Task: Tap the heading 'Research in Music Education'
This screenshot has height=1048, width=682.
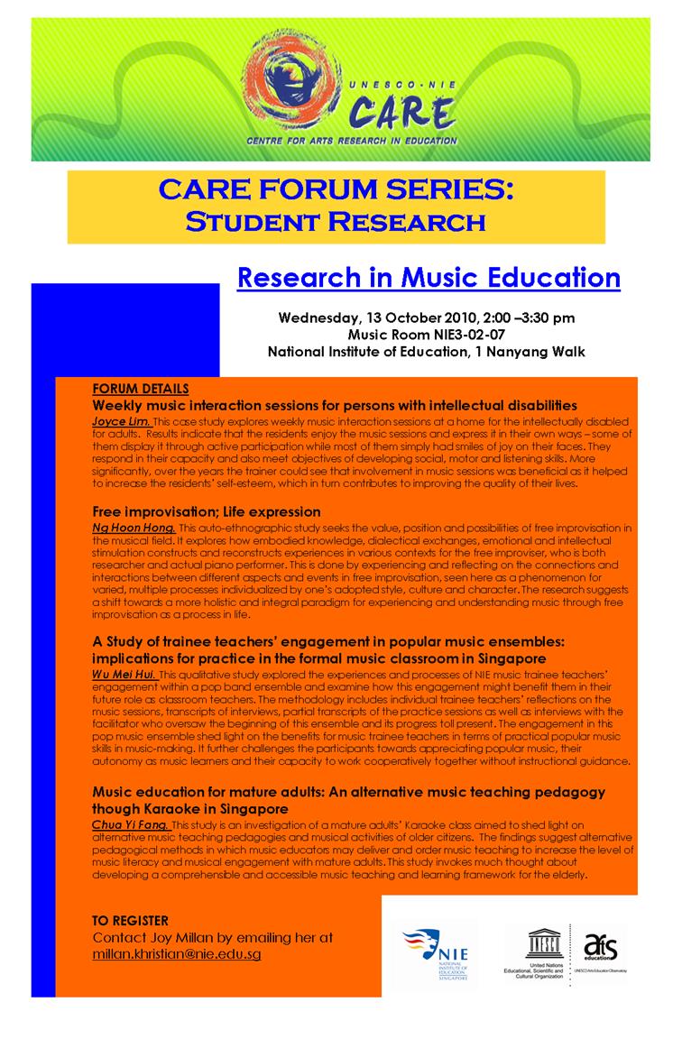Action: tap(429, 277)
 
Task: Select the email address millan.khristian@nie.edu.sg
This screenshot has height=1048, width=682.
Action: tap(177, 953)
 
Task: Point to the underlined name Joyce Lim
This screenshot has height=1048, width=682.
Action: tap(121, 421)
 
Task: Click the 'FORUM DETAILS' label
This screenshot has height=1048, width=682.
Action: tap(141, 389)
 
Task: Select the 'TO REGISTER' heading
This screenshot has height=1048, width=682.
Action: tap(130, 920)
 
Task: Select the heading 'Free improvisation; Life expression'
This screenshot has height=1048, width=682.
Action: tap(206, 511)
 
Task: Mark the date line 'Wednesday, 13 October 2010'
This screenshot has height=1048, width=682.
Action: tap(372, 317)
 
